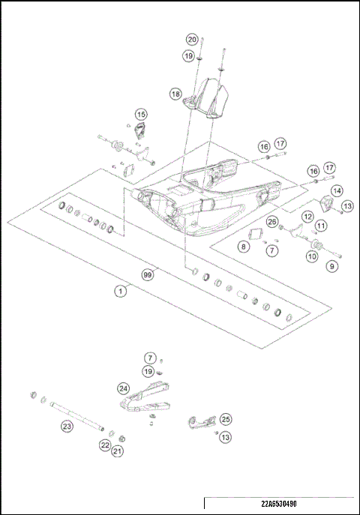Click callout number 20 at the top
tap(192, 39)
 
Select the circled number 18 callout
tap(175, 94)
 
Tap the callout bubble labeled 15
tap(141, 114)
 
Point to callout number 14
tap(337, 191)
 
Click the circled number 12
tap(307, 216)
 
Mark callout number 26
tap(271, 221)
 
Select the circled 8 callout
tap(244, 246)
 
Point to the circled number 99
tap(148, 275)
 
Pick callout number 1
tap(118, 290)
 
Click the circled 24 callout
tap(123, 388)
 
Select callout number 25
tap(225, 420)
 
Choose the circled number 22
tap(105, 445)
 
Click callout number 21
tap(118, 451)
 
